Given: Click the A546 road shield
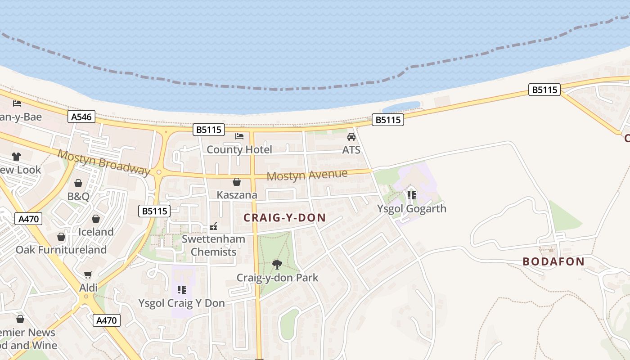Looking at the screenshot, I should pos(81,117).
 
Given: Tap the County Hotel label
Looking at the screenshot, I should pos(239,149).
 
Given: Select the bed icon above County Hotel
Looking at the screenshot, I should pos(239,136).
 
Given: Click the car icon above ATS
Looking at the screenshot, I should pos(351,137).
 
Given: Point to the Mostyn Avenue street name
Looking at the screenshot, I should pos(307,175).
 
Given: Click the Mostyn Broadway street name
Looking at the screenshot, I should pos(103,162).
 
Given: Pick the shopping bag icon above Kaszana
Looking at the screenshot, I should pos(237,182).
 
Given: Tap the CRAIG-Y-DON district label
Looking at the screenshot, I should pos(284,218).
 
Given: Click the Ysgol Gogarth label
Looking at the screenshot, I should pos(411,208).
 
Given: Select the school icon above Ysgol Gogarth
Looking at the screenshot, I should pos(411,195).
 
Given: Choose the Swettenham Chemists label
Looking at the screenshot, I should pos(213,245).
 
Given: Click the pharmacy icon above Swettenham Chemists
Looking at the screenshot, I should pos(213,226).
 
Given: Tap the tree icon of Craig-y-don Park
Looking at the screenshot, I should pos(277,264).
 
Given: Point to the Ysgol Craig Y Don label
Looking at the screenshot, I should pos(181,303).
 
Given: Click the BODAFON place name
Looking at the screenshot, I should pos(553,261).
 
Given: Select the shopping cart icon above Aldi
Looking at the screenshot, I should pos(88,274).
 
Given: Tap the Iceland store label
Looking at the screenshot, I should pos(96,232).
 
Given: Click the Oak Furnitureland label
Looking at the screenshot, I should pos(61,250).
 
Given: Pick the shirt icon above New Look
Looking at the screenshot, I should pos(16,157).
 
